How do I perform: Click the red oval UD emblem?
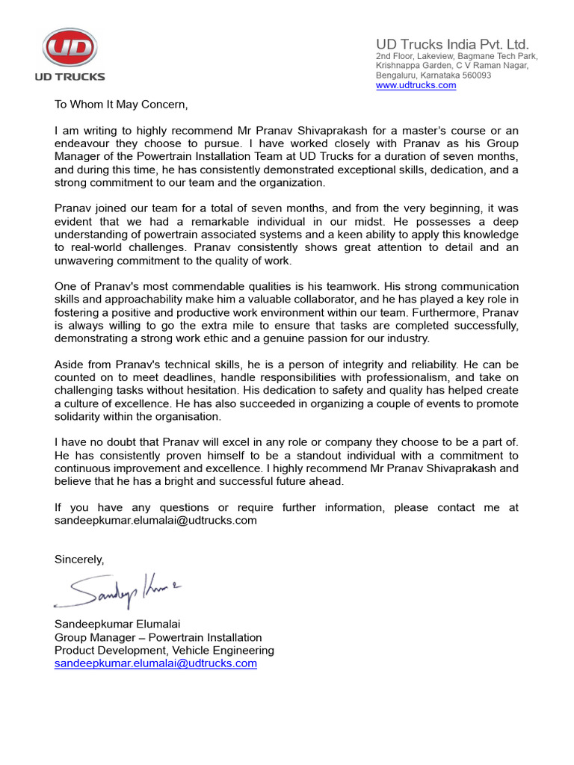(x=70, y=50)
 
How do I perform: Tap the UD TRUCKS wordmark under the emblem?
(x=70, y=76)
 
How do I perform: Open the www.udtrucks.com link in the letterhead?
(x=416, y=85)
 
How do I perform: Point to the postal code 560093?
(x=475, y=75)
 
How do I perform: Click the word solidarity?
(x=78, y=416)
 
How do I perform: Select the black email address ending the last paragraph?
(x=155, y=520)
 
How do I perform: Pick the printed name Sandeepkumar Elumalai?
(x=118, y=624)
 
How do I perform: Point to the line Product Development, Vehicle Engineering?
(x=164, y=651)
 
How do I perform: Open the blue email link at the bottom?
(x=155, y=663)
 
